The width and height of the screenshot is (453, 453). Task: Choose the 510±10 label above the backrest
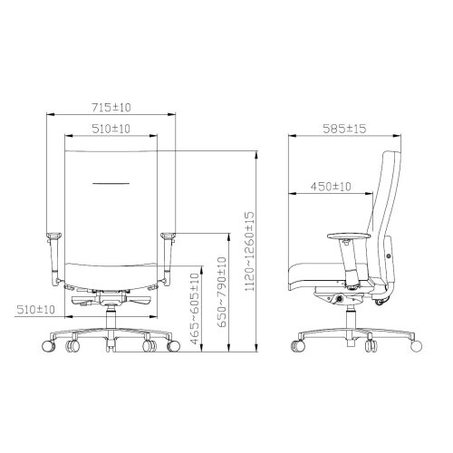112,130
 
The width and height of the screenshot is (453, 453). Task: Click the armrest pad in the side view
348,236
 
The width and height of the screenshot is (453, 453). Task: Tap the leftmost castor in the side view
298,345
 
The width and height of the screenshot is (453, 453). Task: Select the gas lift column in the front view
112,316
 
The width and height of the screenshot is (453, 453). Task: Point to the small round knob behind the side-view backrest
390,256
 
